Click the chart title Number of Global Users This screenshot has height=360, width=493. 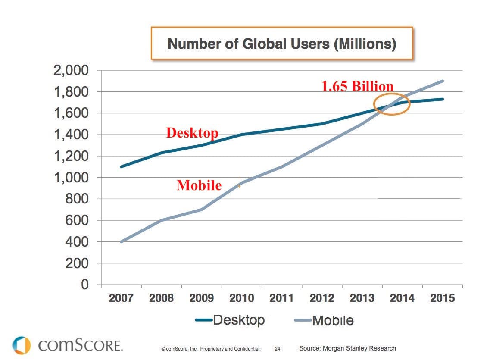click(281, 44)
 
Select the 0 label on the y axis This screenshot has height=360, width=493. click(84, 285)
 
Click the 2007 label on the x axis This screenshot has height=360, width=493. click(121, 298)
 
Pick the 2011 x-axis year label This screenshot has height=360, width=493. click(282, 298)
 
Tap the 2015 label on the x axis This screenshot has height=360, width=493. click(443, 298)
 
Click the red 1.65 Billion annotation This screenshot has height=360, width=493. click(357, 86)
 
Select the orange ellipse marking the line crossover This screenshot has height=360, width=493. click(391, 104)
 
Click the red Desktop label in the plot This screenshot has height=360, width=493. click(192, 133)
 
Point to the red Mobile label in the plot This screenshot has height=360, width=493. click(199, 185)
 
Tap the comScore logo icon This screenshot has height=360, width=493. click(22, 345)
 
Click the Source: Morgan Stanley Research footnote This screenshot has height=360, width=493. click(347, 348)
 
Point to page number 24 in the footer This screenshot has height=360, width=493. click(278, 348)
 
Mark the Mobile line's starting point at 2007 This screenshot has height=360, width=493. click(121, 241)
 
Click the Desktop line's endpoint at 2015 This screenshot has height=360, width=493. click(443, 99)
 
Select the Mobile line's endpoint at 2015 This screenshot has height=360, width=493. click(443, 81)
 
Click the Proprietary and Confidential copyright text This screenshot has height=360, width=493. click(211, 348)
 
